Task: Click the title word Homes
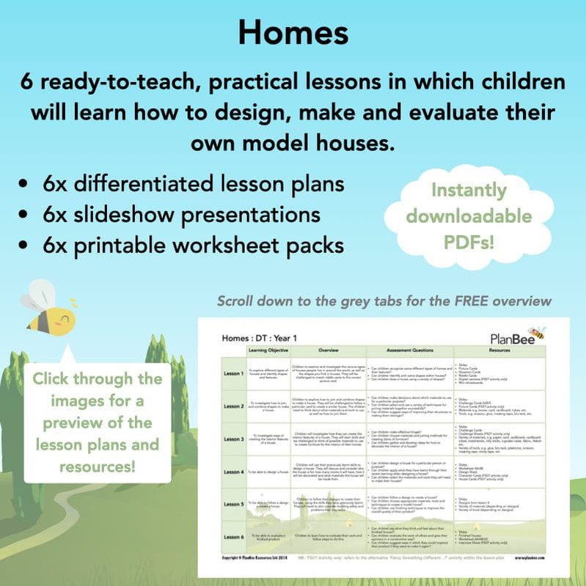pos(293,32)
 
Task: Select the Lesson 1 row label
pos(235,373)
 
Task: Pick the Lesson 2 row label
pos(235,406)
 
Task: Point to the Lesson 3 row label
pos(235,439)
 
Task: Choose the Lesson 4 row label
pos(235,472)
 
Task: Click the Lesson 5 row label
pos(235,505)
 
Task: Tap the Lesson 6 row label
pos(235,537)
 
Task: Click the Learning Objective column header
pos(270,351)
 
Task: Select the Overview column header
pos(327,351)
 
